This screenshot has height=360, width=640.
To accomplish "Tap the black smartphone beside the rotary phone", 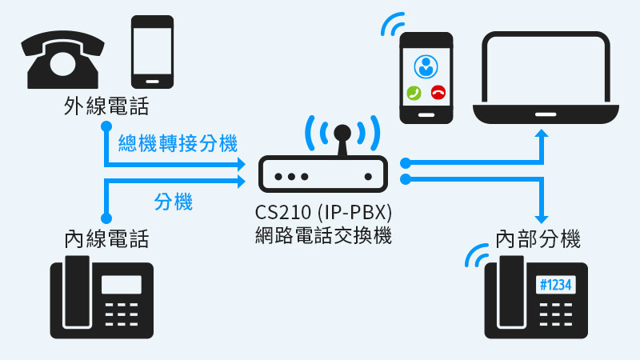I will coord(152,52).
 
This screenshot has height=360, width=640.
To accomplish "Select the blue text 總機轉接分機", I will coord(178,144).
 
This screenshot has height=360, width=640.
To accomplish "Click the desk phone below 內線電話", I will coord(101,298).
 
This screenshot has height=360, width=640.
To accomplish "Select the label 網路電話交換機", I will coord(324,236).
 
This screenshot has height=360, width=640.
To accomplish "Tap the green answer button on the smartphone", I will coord(414,93).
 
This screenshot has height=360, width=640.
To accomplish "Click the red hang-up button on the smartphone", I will coord(438,93).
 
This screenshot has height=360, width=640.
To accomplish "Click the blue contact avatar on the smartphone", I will coord(426,65).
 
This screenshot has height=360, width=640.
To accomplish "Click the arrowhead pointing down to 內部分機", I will coord(544,218).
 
